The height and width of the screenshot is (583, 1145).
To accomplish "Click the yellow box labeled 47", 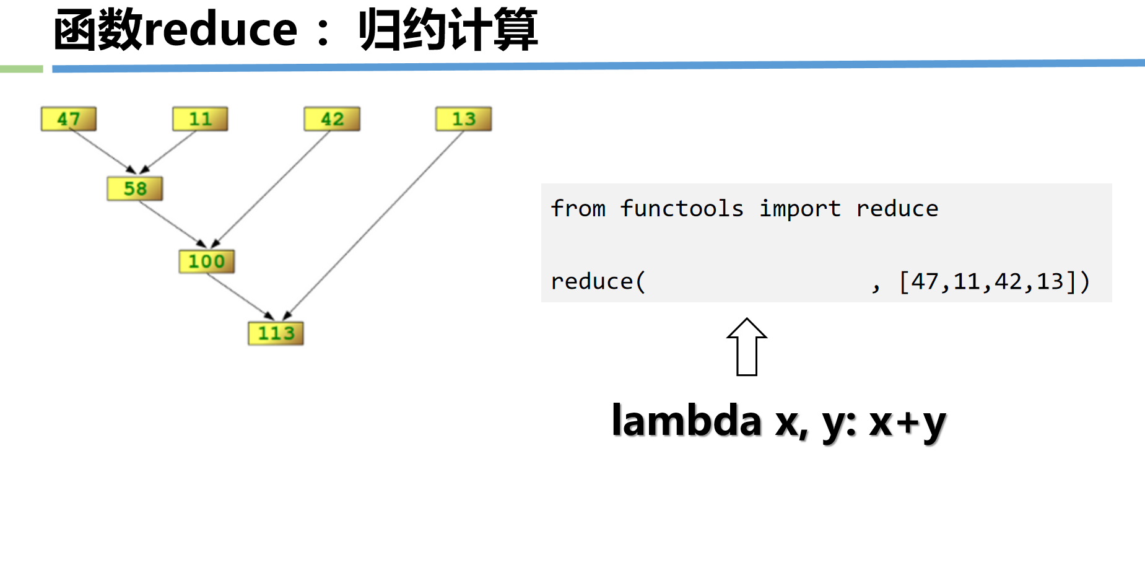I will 69,119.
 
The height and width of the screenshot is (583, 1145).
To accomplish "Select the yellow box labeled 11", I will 200,119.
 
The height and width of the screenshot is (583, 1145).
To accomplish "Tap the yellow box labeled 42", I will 332,119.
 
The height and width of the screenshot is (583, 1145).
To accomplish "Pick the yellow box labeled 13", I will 463,119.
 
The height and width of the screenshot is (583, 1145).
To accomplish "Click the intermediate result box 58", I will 135,189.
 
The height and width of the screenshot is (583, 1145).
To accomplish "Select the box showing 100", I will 207,261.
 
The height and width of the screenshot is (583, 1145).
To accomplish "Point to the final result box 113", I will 276,333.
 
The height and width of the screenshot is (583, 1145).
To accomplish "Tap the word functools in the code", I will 681,209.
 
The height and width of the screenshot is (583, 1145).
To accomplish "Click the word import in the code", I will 800,209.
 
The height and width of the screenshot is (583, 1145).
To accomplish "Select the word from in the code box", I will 578,209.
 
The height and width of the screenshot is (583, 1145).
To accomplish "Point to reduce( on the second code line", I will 598,282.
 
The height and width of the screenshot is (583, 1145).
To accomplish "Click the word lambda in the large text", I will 686,421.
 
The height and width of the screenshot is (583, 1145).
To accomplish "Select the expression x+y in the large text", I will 907,423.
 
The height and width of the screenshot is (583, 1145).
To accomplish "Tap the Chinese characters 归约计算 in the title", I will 448,30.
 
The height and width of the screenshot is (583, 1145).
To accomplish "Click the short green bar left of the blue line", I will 21,69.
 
